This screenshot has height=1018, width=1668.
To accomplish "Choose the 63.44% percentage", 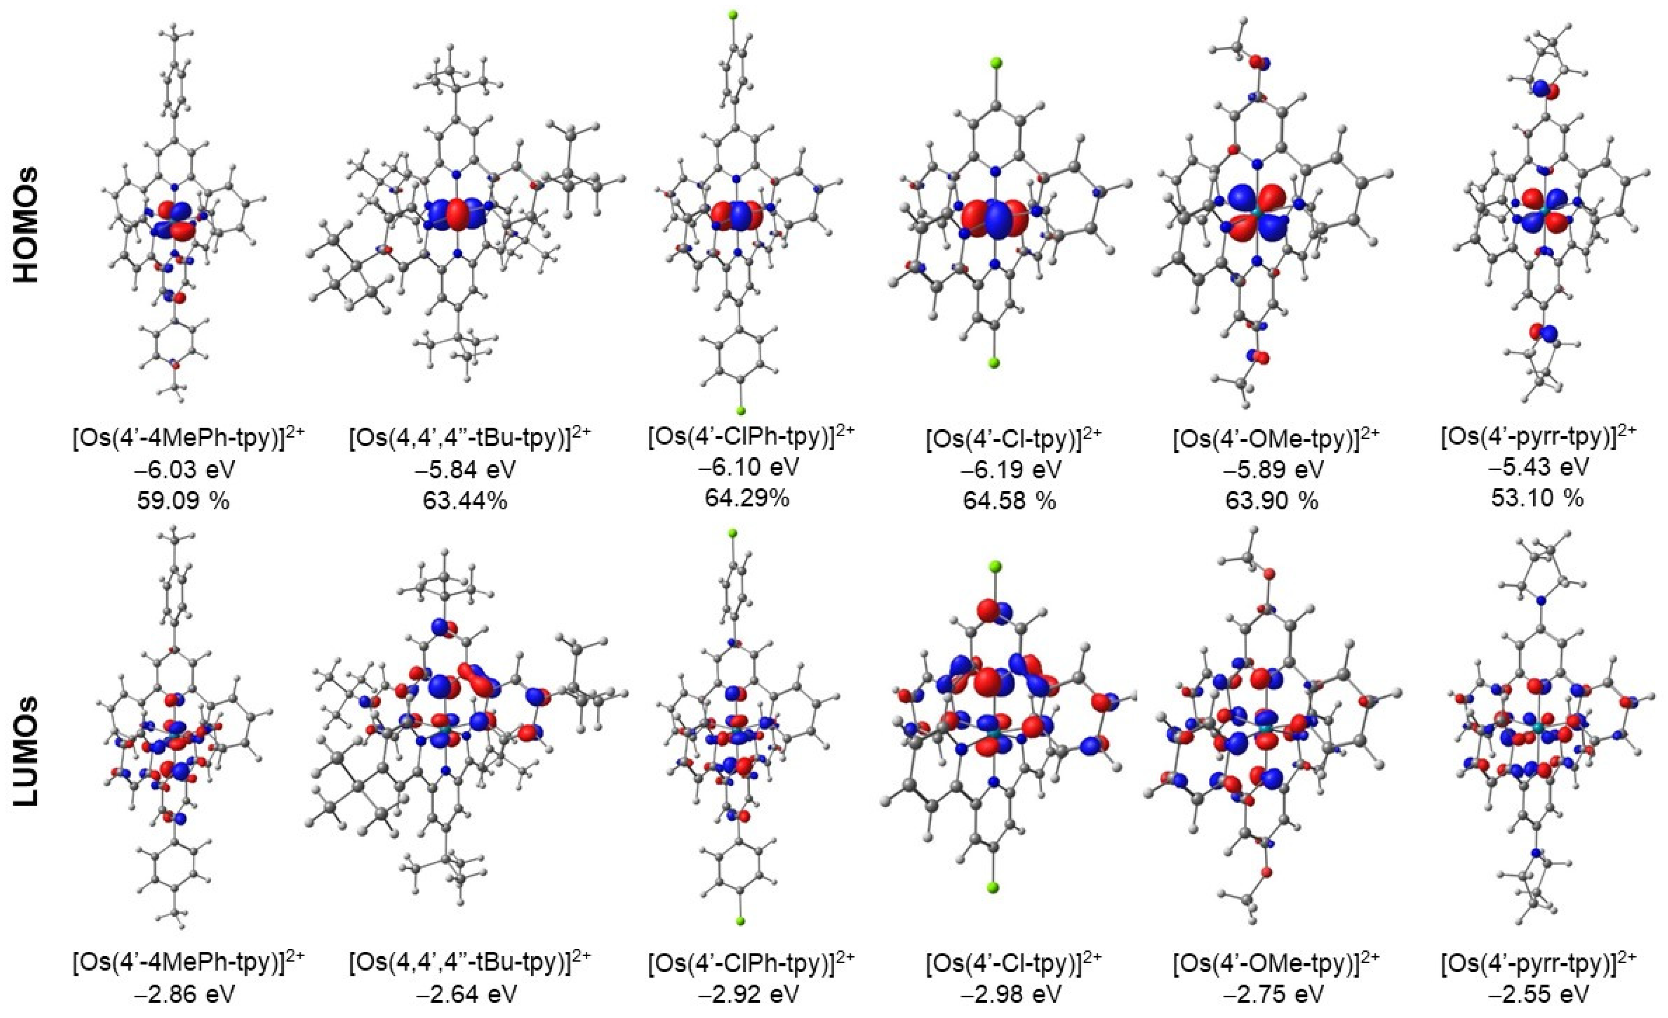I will pos(467,501).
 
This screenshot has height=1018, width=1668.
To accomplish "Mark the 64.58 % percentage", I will pos(1009,501).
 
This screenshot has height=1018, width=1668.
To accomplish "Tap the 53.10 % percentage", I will pos(1537,498).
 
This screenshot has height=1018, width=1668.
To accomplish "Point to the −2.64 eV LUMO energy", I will pos(467,994).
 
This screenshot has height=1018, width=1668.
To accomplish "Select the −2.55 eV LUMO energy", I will pos(1537,994).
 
